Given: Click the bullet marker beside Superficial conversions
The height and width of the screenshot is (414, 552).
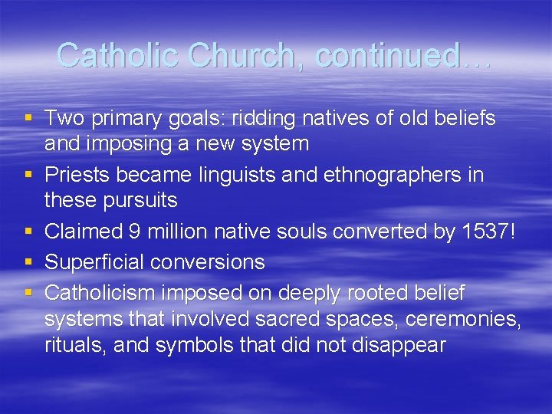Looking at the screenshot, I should (x=29, y=262).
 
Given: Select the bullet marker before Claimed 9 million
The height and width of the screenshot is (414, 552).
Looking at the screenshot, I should (x=29, y=232).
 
